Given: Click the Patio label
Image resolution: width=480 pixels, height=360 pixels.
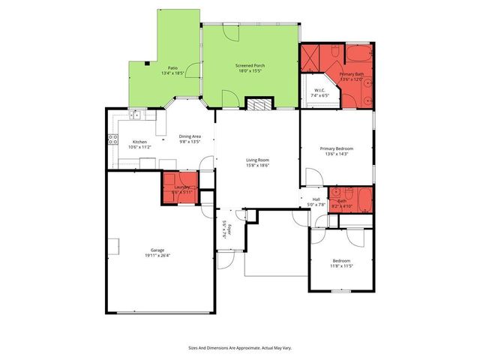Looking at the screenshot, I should click(x=172, y=67).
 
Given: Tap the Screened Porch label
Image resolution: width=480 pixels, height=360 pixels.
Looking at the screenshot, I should click(x=250, y=65).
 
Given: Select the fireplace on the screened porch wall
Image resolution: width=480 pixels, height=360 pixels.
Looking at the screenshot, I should click(x=259, y=105).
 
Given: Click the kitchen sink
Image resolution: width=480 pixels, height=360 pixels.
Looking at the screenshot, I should click(x=136, y=115).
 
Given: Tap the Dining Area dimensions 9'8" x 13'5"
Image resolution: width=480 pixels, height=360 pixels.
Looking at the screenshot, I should click(x=190, y=142).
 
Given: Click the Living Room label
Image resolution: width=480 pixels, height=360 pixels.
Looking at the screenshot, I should click(x=257, y=159).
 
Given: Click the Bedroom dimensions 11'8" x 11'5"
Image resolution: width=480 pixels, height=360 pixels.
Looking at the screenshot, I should click(x=341, y=265).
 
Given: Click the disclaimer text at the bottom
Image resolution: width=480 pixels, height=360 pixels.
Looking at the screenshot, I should click(x=239, y=347).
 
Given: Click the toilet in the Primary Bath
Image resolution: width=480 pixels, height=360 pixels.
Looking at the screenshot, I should click(x=366, y=98).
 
